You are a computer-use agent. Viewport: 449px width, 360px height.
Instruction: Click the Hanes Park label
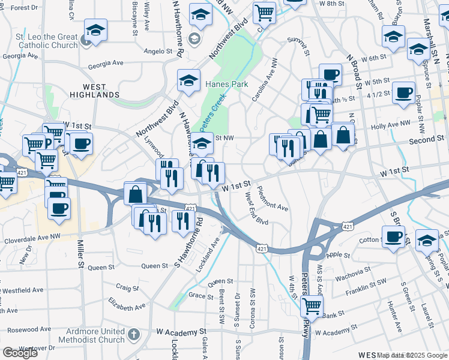[227, 85]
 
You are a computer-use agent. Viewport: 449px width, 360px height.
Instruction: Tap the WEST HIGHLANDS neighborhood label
[94, 91]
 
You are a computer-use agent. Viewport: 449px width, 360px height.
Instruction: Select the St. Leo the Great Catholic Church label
[43, 41]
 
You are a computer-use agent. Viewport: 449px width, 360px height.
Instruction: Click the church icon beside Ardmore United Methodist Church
[133, 334]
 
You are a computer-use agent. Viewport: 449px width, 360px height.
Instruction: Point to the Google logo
[20, 352]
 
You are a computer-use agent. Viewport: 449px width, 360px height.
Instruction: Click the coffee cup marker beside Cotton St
[393, 236]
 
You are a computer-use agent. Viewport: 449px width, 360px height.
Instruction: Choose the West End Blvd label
[256, 212]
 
